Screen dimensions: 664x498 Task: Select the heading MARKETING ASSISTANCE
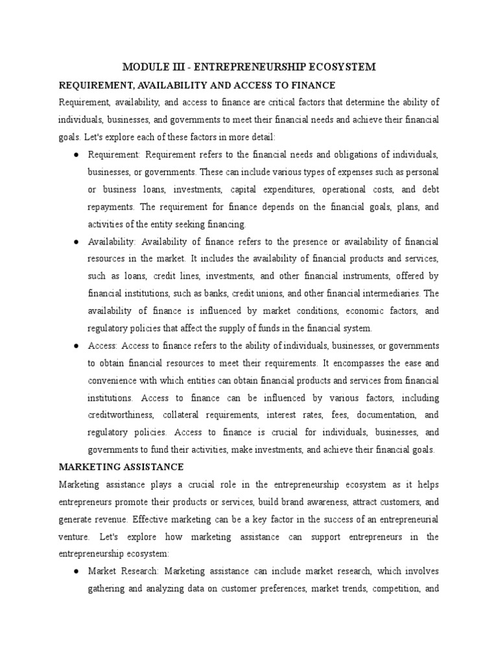point(121,467)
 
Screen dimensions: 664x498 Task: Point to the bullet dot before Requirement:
point(77,155)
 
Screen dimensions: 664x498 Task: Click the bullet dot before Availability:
point(77,242)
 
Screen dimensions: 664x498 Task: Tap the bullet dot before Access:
point(77,346)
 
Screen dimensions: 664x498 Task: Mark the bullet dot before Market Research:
point(77,571)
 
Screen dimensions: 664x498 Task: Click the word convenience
point(115,380)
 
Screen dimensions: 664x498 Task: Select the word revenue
point(116,519)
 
